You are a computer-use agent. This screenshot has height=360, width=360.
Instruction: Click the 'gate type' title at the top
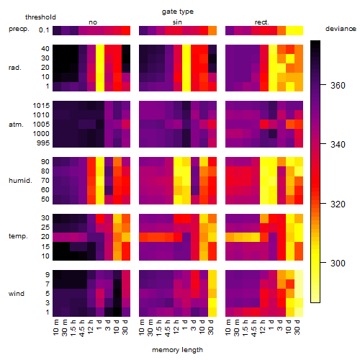point(178,12)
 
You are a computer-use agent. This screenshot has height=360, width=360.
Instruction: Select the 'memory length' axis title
point(177,350)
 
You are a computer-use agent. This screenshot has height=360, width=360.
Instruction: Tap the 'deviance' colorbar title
point(341,29)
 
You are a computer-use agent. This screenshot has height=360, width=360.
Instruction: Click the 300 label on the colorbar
point(338,264)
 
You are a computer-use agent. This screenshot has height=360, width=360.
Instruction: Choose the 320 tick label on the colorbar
point(338,204)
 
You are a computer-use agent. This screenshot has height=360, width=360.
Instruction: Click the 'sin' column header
point(177,22)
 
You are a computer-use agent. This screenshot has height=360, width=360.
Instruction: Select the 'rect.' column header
point(261,22)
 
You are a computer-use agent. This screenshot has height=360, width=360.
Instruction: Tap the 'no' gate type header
point(93,22)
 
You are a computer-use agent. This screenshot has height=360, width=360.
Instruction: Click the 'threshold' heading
point(40,17)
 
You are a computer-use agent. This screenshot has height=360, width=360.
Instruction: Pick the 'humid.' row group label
point(20,180)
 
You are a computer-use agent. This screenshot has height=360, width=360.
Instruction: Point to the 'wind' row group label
point(17,294)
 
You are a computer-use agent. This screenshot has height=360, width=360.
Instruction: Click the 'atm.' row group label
point(16,125)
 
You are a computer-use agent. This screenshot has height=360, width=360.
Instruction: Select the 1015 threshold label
point(41,106)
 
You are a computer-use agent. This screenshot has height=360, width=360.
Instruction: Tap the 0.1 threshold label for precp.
point(44,30)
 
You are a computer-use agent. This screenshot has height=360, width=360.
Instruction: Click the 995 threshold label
point(43,143)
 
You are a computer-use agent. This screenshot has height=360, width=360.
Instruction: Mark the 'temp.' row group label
point(18,236)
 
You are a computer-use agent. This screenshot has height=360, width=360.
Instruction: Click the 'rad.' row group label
point(15,68)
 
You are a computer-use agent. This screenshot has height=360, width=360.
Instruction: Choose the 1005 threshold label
point(41,125)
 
